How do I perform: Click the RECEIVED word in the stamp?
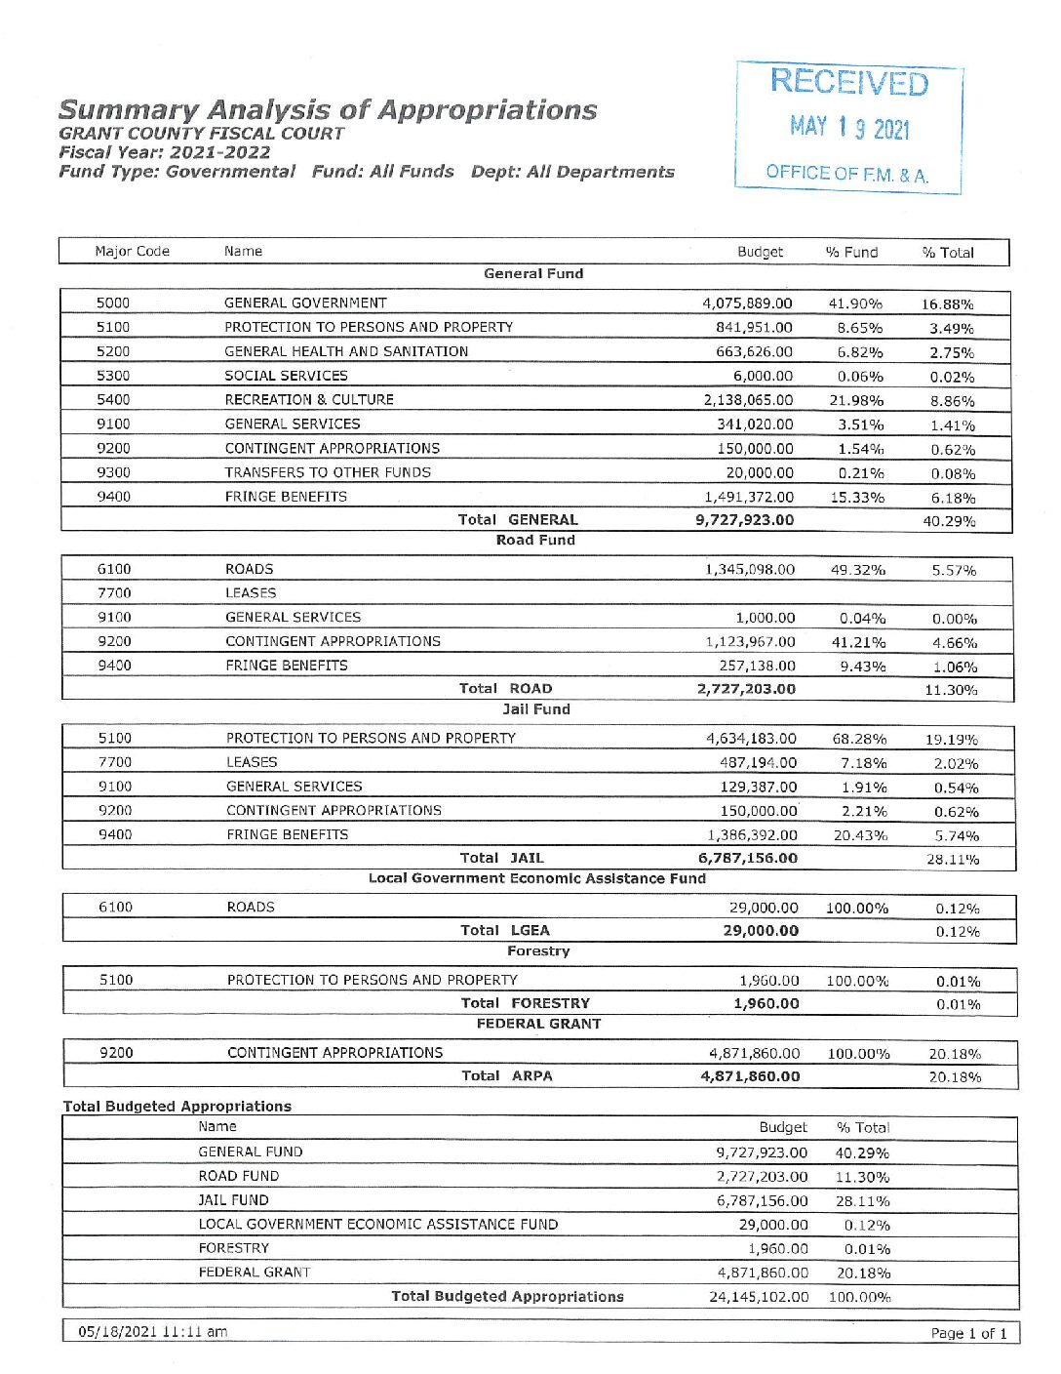[848, 83]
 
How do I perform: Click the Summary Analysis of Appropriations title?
[328, 109]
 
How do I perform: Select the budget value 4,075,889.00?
[747, 303]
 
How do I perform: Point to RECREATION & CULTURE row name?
[309, 400]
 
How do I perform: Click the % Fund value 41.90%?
[855, 303]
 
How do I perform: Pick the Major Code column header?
[132, 252]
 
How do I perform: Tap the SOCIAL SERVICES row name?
[286, 376]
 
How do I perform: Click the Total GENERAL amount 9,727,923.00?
[744, 520]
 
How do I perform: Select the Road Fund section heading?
[535, 540]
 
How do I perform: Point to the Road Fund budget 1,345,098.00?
[750, 570]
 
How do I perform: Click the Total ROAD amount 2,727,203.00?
[746, 689]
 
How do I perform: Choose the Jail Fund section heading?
[536, 709]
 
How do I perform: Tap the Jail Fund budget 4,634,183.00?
[751, 739]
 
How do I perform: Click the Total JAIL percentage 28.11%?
[952, 860]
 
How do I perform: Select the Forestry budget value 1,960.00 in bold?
[766, 1003]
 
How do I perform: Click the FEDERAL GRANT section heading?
[538, 1024]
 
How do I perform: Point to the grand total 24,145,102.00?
[759, 1297]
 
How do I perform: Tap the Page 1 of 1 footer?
[968, 1333]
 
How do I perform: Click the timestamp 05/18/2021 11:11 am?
[153, 1332]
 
